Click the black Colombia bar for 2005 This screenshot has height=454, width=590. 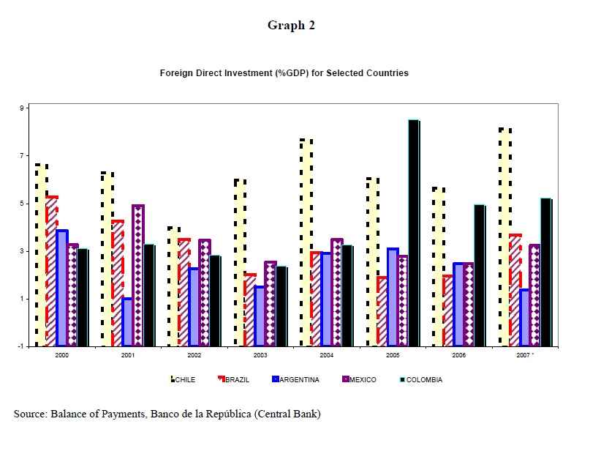coord(414,233)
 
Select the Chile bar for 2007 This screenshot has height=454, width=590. coord(504,237)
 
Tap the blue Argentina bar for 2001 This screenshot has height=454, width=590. coord(127,321)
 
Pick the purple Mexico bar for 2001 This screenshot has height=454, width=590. coord(138,275)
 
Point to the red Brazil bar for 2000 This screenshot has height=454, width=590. coord(51,271)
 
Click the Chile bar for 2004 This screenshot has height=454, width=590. coord(306,242)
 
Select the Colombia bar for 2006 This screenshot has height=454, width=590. coord(480,275)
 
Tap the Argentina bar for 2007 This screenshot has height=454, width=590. coord(525,317)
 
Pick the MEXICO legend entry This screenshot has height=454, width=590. coord(362,379)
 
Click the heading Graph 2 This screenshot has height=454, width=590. coord(291,26)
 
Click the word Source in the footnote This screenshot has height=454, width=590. coord(29,414)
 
